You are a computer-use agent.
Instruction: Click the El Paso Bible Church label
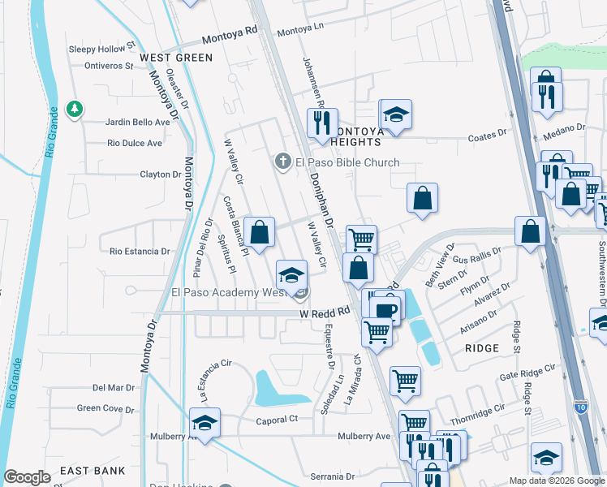point(347,162)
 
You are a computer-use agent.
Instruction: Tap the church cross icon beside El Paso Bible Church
point(283,162)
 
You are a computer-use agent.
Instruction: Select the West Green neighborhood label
point(176,58)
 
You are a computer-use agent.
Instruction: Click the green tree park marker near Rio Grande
point(74,109)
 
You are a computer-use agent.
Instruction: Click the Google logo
point(28,477)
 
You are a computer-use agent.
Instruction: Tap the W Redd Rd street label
point(324,312)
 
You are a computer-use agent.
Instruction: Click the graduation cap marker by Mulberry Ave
point(204,424)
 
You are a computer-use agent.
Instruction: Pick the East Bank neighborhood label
point(93,471)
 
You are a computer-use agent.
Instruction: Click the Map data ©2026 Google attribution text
point(556,481)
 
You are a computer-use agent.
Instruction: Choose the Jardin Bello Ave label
point(138,123)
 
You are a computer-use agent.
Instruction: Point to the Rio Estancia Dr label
point(140,252)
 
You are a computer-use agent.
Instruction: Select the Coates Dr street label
point(488,138)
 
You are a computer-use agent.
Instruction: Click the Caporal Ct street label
point(278,420)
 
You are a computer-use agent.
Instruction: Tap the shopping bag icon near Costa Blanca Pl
point(259,233)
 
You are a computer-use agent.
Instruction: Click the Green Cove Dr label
point(106,408)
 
